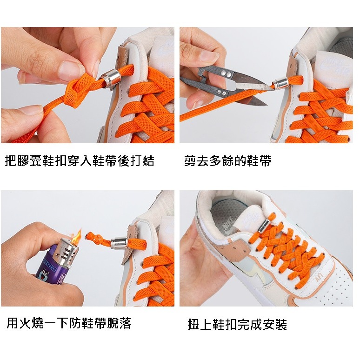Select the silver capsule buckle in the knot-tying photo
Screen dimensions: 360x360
(x=110, y=79)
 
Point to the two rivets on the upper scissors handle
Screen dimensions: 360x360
(x=226, y=74)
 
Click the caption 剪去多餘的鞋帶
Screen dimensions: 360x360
(x=228, y=160)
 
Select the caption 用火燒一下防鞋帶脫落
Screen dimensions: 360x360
(x=69, y=323)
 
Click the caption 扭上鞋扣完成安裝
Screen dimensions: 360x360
(x=237, y=324)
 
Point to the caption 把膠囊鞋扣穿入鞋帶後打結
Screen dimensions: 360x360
(x=80, y=160)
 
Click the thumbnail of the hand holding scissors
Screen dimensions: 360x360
(x=266, y=85)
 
